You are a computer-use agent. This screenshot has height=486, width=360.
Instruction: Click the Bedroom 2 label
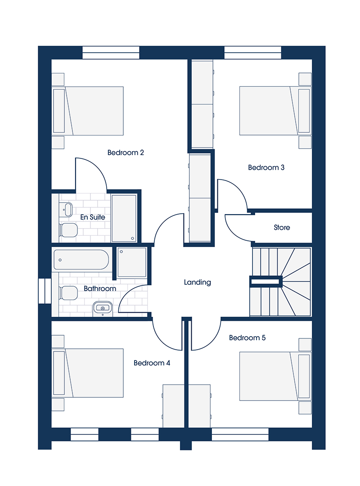(126, 153)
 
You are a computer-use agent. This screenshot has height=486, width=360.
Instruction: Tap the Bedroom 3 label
(266, 167)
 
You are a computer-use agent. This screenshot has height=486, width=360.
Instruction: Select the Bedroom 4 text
(152, 363)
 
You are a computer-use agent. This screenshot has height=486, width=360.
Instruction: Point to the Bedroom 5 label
(247, 337)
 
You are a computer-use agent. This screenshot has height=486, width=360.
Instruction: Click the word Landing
(197, 282)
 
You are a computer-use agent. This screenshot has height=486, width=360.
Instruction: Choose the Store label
(282, 228)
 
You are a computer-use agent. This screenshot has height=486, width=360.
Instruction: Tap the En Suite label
(92, 217)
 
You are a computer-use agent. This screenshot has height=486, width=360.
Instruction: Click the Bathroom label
(100, 288)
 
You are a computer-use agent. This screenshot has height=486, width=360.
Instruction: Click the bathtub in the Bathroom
(81, 260)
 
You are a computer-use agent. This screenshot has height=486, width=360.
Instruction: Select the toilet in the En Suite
(68, 230)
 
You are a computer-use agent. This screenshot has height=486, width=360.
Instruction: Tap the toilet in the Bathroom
(68, 293)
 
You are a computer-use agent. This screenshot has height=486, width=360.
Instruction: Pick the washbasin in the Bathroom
(103, 309)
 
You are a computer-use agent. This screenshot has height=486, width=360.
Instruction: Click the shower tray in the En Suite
(124, 218)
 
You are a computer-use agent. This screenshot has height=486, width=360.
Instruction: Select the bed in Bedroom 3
(275, 111)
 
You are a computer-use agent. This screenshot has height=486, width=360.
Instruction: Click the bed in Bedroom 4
(87, 373)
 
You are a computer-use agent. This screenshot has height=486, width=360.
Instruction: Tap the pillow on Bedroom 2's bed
(59, 111)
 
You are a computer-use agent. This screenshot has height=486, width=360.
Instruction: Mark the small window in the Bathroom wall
(45, 291)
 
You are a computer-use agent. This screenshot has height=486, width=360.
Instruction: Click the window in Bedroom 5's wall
(240, 435)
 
